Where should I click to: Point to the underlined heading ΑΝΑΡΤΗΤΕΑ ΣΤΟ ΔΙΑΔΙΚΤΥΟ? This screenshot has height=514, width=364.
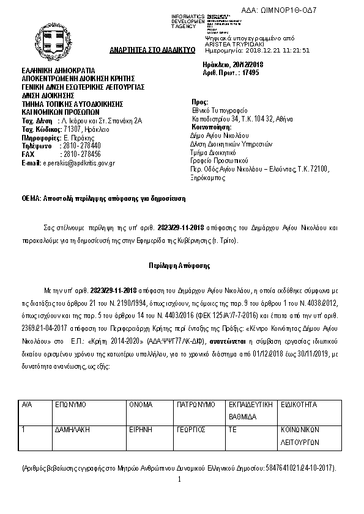tap(152, 49)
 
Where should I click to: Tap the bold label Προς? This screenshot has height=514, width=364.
tap(200, 102)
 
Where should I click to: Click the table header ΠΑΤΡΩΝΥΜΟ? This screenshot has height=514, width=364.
tap(196, 405)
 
